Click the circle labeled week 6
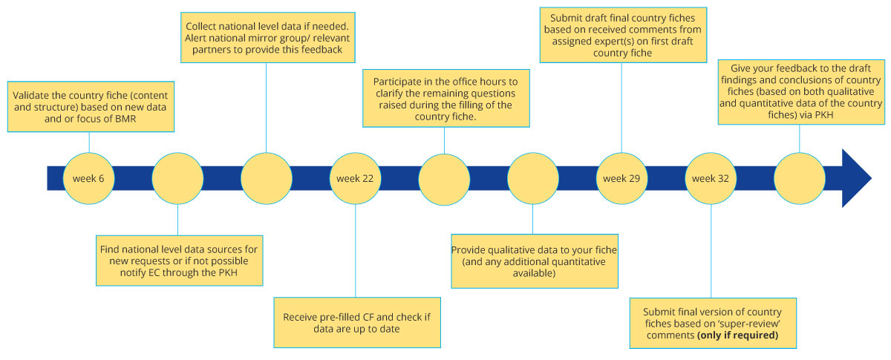88,179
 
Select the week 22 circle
355,179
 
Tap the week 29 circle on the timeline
621,179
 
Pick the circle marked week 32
711,179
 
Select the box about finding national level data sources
177,260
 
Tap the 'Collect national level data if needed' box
266,34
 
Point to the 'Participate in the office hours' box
444,97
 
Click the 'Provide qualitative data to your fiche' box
533,261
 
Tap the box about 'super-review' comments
711,323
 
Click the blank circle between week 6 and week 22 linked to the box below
177,179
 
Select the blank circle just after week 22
444,179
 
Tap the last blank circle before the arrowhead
800,179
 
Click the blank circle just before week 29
533,179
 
